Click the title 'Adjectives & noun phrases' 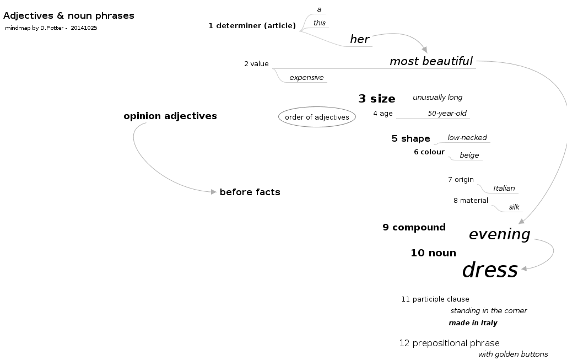click(69, 16)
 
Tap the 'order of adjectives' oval click(317, 117)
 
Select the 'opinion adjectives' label click(170, 116)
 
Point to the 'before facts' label click(250, 192)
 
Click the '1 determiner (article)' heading click(252, 25)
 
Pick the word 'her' click(359, 39)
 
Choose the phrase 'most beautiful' click(431, 61)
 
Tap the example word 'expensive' click(306, 78)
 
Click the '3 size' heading click(377, 99)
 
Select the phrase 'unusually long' click(438, 98)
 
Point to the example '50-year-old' click(447, 114)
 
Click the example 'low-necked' click(467, 138)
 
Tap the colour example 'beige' click(469, 155)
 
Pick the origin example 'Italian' click(504, 189)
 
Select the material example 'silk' click(514, 207)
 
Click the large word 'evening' click(499, 234)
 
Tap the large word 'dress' click(490, 270)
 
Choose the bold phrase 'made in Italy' click(473, 323)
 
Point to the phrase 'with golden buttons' click(513, 354)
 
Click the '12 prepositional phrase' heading click(449, 343)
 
